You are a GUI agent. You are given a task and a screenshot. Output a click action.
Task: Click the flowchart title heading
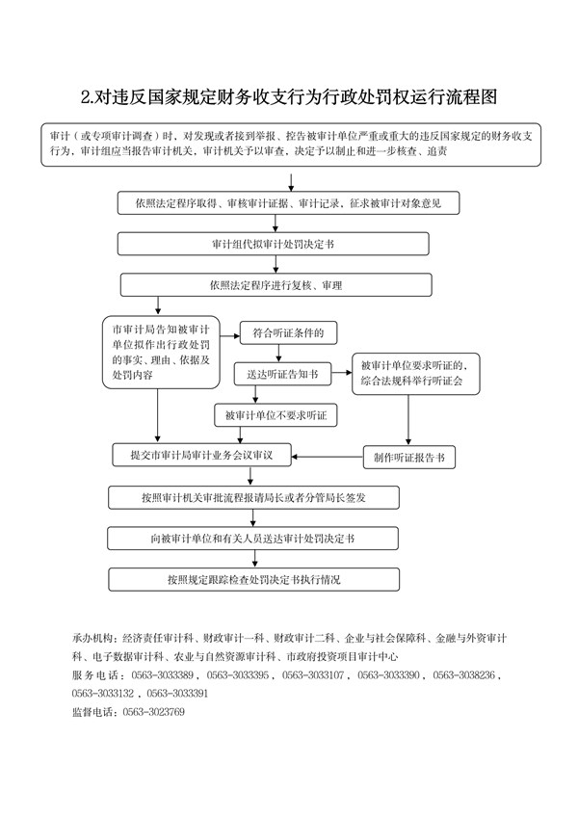pyautogui.click(x=289, y=96)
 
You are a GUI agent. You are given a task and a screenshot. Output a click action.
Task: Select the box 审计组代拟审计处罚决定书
pyautogui.click(x=273, y=244)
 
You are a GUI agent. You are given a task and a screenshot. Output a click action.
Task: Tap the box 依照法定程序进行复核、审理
pyautogui.click(x=276, y=285)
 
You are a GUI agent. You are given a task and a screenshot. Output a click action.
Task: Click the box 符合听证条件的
pyautogui.click(x=288, y=332)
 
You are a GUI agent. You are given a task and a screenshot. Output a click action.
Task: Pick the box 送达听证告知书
pyautogui.click(x=282, y=374)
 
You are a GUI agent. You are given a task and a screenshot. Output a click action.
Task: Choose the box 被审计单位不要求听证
pyautogui.click(x=276, y=415)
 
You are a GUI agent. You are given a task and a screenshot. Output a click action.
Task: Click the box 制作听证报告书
pyautogui.click(x=409, y=458)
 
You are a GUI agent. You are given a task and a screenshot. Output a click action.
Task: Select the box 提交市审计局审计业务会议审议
pyautogui.click(x=201, y=455)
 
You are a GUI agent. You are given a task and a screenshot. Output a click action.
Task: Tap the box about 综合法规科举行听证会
pyautogui.click(x=416, y=374)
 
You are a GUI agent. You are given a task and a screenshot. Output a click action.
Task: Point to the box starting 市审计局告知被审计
pyautogui.click(x=161, y=352)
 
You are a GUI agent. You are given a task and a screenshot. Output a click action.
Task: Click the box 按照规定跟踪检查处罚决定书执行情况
pyautogui.click(x=253, y=580)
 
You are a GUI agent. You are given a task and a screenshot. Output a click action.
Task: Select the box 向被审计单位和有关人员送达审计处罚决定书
pyautogui.click(x=253, y=539)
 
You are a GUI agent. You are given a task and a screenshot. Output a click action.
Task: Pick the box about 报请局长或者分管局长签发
pyautogui.click(x=253, y=498)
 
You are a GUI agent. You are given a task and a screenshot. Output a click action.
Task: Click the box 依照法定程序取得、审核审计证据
pyautogui.click(x=288, y=203)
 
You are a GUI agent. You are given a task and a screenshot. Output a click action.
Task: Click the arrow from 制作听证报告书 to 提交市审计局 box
pyautogui.click(x=328, y=457)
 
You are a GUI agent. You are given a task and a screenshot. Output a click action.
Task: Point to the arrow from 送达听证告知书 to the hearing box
pyautogui.click(x=342, y=373)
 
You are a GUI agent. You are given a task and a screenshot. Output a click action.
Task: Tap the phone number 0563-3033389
pyautogui.click(x=162, y=675)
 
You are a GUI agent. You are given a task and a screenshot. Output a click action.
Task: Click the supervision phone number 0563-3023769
pyautogui.click(x=153, y=712)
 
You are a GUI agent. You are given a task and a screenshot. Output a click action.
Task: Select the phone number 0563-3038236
pyautogui.click(x=463, y=675)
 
